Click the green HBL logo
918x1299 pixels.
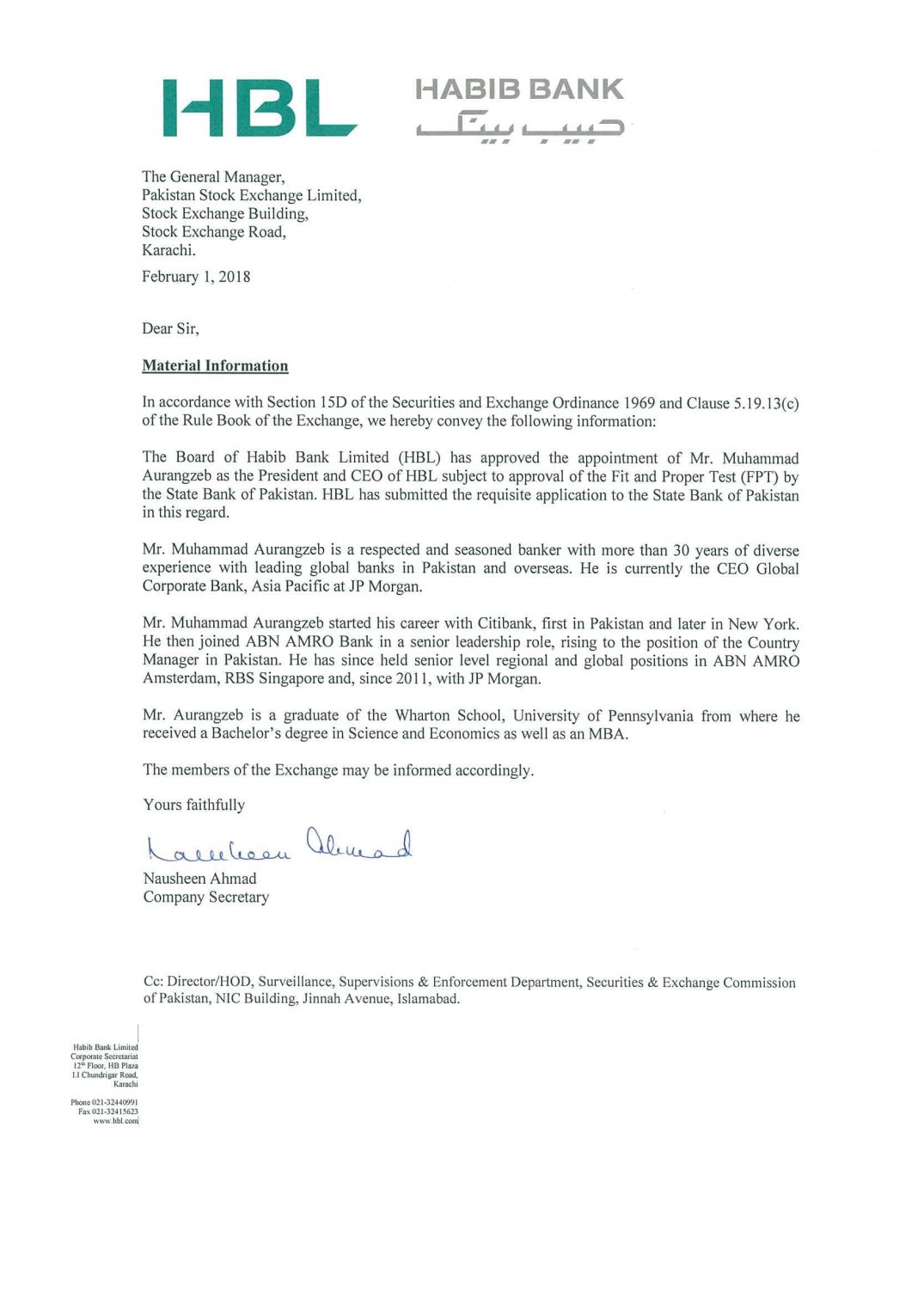pyautogui.click(x=260, y=107)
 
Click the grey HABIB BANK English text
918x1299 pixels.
pyautogui.click(x=519, y=89)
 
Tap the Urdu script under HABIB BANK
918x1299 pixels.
pyautogui.click(x=519, y=126)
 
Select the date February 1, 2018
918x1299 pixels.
pyautogui.click(x=196, y=277)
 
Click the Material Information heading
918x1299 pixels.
pyautogui.click(x=215, y=365)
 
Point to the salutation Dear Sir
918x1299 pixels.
pyautogui.click(x=170, y=328)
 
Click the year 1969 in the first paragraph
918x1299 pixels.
pyautogui.click(x=640, y=403)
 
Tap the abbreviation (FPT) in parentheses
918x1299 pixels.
pyautogui.click(x=759, y=477)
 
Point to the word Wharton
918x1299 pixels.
pyautogui.click(x=422, y=716)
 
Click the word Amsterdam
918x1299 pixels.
pyautogui.click(x=180, y=679)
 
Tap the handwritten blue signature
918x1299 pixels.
pyautogui.click(x=279, y=846)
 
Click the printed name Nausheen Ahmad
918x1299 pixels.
pyautogui.click(x=199, y=879)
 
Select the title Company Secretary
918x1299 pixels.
pyautogui.click(x=206, y=897)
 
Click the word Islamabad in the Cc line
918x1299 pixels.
pyautogui.click(x=427, y=999)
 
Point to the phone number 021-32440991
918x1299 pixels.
pyautogui.click(x=114, y=1102)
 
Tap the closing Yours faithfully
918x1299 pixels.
pyautogui.click(x=194, y=805)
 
